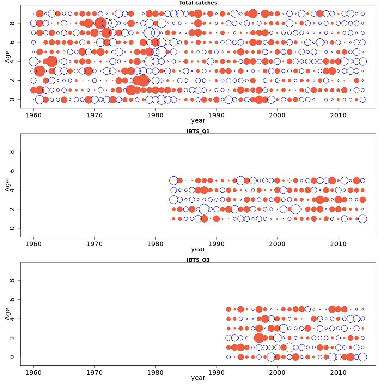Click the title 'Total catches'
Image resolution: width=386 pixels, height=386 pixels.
point(198,3)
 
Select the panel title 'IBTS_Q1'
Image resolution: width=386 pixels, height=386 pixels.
point(198,131)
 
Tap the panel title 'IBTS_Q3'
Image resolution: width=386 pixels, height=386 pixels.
point(198,260)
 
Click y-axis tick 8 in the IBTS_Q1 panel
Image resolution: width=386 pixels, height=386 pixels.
point(12,152)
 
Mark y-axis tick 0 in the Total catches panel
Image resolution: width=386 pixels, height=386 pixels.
point(12,100)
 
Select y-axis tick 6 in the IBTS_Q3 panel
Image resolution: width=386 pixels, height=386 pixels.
point(12,299)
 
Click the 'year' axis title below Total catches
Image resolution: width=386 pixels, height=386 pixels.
point(198,121)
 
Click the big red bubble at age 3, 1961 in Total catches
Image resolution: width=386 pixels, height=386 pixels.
point(40,71)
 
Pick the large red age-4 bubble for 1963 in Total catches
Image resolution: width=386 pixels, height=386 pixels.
point(52,61)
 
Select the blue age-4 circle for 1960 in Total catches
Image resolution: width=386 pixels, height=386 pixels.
point(33,61)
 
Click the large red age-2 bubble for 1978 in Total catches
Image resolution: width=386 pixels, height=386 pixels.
point(143,81)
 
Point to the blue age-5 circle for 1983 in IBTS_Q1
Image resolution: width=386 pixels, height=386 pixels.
point(174,180)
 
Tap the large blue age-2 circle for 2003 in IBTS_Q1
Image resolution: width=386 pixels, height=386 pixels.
point(296,209)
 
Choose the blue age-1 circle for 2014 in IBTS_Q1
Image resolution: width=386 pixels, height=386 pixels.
point(363,219)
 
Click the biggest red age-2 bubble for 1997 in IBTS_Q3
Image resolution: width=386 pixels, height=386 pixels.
point(259,338)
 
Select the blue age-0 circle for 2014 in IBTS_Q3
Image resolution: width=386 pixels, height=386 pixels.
point(363,357)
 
